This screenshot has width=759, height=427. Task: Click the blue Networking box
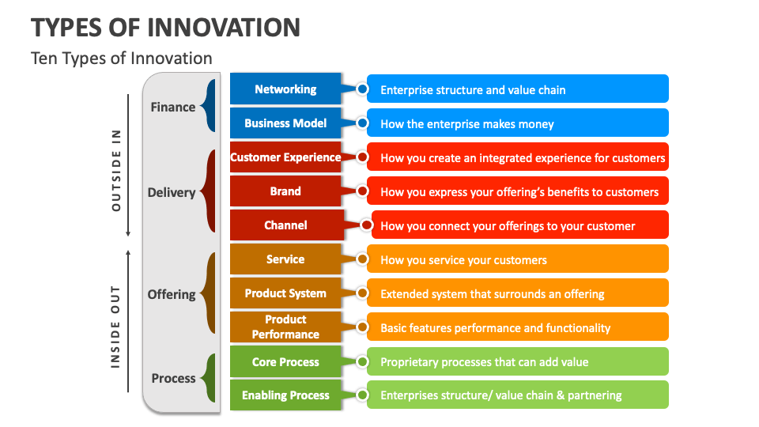coord(285,89)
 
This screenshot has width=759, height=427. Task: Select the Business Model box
coord(285,123)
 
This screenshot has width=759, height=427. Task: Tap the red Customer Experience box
coord(285,157)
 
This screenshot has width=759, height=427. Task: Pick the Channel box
coord(285,225)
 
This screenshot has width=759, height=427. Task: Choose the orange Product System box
coord(285,293)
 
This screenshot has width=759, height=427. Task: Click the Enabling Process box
coord(285,395)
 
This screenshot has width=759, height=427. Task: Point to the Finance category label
coord(172,107)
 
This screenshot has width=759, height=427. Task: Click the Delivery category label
coord(171,192)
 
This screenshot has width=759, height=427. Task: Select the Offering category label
coord(171,294)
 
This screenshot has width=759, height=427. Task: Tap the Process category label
coord(173,378)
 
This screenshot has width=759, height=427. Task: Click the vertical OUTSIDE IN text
coord(116,169)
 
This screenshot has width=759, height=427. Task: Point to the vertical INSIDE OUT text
coord(116,326)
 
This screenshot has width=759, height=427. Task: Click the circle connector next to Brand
coord(362,191)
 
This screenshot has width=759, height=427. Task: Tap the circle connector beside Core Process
coord(362,362)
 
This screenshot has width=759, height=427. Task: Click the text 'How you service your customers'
coord(463,259)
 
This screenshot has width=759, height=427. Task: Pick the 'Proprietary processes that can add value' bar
coord(518,362)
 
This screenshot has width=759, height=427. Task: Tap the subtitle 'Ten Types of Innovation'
coord(121,58)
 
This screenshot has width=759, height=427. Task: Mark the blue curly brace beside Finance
coord(209,106)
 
